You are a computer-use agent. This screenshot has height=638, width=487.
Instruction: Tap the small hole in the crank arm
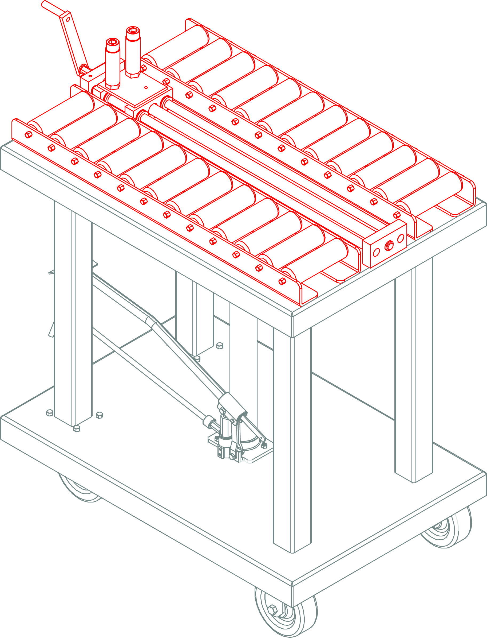coord(68,20)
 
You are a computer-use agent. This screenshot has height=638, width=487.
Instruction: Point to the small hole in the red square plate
coord(146,87)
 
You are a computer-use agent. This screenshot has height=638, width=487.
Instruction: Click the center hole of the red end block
coord(389,246)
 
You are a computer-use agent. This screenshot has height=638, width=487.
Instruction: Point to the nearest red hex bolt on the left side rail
coord(282,281)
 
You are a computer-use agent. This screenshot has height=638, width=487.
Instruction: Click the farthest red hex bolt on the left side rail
coord(28,134)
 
